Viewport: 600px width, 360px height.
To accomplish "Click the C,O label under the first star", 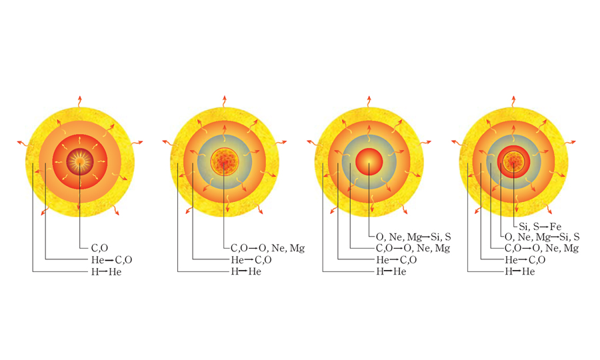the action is (99, 248).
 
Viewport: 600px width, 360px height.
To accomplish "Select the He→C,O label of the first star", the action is (112, 260).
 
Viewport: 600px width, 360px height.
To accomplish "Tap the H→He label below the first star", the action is (107, 272).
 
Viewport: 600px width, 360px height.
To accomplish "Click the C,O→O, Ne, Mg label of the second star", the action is (268, 248).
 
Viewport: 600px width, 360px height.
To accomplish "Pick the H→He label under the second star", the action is (246, 271).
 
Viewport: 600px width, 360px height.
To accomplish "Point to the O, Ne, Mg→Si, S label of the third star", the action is (413, 237).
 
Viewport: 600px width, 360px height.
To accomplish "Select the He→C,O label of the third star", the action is (397, 260).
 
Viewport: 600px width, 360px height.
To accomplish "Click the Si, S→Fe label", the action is (540, 227).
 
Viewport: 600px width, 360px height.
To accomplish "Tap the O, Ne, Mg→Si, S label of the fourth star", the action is (542, 237).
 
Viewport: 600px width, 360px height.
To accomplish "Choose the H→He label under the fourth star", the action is (520, 271).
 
